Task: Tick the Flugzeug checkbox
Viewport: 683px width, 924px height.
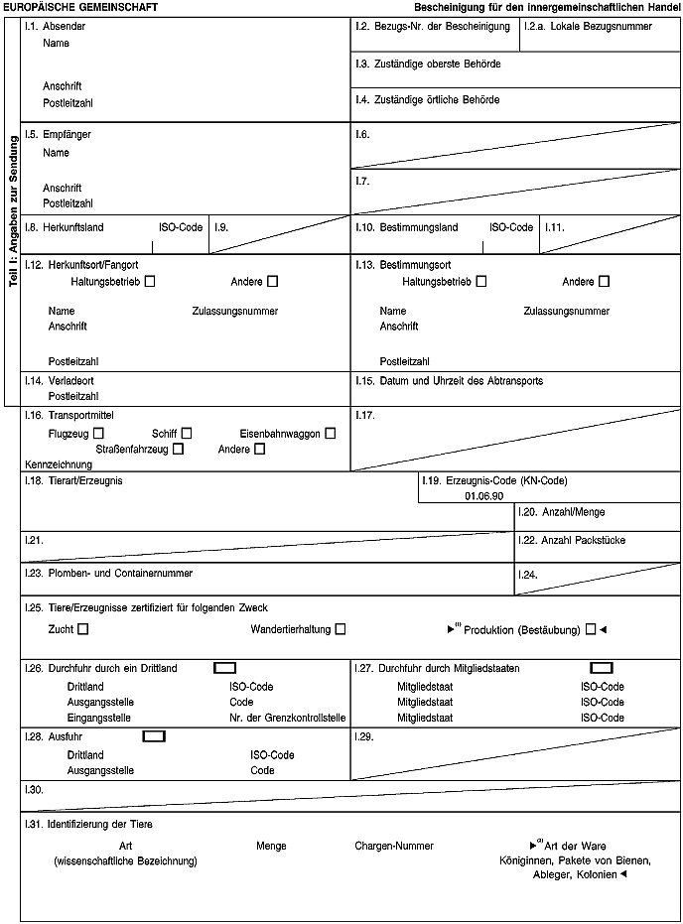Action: (98, 433)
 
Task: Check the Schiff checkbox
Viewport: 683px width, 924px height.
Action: (187, 433)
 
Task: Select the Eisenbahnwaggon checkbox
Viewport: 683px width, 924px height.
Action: (330, 433)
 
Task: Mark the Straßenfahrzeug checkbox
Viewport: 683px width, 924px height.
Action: (178, 449)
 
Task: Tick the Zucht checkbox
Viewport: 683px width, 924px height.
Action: (82, 628)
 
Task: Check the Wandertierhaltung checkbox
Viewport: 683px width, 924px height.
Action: (341, 628)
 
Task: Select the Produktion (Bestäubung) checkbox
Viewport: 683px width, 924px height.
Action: (591, 628)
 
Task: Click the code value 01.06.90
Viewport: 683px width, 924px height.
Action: (483, 495)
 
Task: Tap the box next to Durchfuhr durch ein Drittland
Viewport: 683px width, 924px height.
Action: (224, 668)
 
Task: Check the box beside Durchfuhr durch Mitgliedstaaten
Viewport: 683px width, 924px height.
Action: (601, 668)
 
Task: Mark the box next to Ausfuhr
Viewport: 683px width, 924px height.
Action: (154, 736)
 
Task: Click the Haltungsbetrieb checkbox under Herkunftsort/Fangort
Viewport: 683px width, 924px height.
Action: (149, 282)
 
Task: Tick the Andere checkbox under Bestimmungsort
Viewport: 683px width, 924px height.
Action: (604, 282)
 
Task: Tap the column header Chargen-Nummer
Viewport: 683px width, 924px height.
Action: (394, 846)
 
